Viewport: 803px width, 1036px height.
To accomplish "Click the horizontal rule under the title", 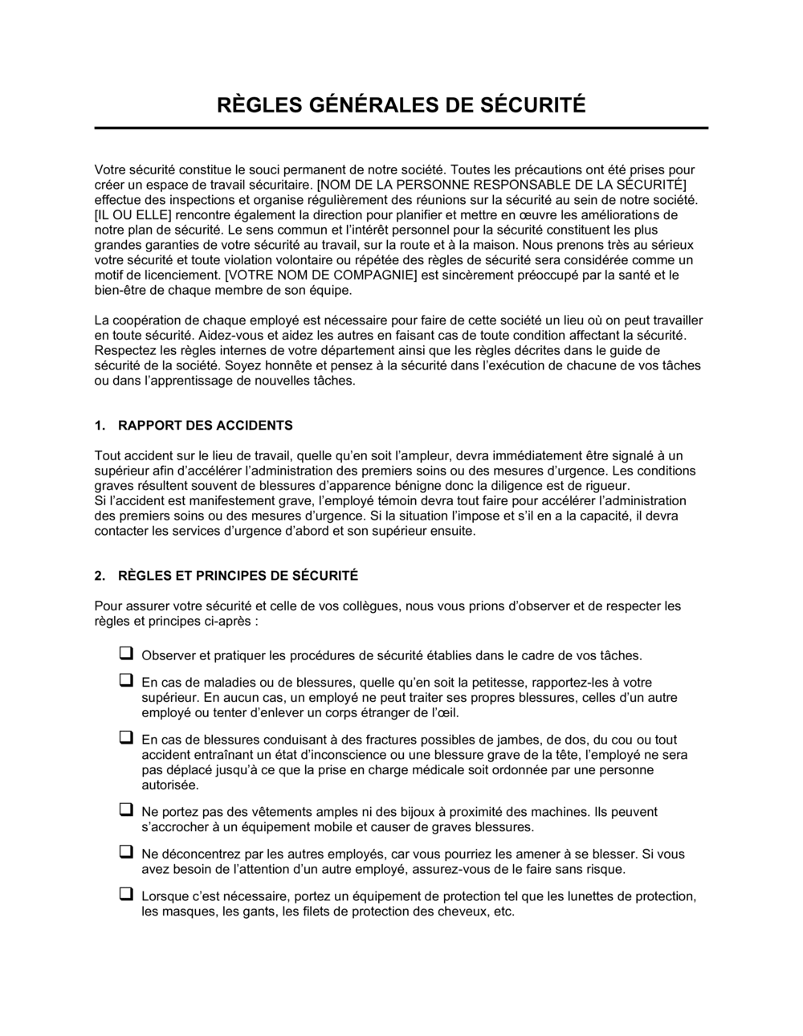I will click(401, 128).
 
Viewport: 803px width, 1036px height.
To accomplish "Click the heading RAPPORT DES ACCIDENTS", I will click(205, 426).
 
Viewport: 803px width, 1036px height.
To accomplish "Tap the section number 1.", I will click(100, 426).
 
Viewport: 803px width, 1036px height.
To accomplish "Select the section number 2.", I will click(100, 576).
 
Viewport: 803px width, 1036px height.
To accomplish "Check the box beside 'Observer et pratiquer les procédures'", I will click(126, 654).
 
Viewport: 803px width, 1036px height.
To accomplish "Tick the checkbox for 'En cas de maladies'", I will click(126, 680).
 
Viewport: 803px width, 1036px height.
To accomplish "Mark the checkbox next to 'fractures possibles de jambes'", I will click(126, 737).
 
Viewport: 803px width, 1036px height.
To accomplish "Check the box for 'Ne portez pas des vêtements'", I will click(126, 810).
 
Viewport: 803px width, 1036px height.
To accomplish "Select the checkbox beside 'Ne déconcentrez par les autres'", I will click(126, 852).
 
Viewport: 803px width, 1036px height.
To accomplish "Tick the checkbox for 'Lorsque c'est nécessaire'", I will click(126, 895).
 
